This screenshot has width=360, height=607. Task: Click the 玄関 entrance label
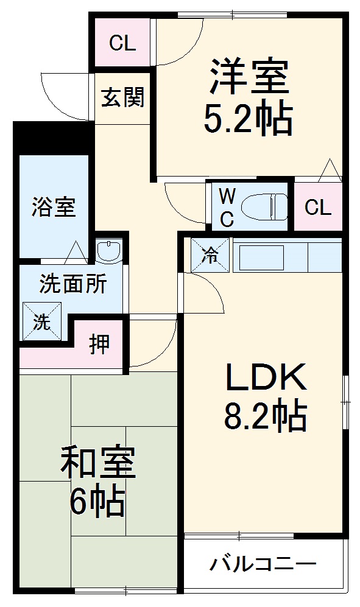pos(122,97)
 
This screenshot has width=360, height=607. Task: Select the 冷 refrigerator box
pos(211,256)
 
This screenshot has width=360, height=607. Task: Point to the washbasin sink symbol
pos(110,250)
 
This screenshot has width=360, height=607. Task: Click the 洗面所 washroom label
pos(73,284)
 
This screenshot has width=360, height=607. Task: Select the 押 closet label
pos(101,345)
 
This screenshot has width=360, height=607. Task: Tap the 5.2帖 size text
pos(249,119)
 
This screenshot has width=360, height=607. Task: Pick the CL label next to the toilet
pos(317,208)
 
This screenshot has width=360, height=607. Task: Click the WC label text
pos(227,208)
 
